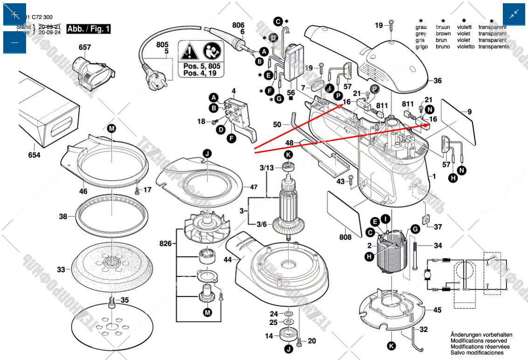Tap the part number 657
coord(85,48)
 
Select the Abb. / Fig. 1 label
coord(89,29)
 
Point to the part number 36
coord(437,81)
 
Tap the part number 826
coord(165,243)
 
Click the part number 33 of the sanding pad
coord(62,270)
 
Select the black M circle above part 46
coord(111,128)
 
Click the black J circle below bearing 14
coord(288,348)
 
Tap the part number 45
coord(437,310)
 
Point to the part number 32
coord(423,329)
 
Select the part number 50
coord(277,125)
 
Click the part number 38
coord(63,216)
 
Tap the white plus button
coord(15,14)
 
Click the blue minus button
coord(15,42)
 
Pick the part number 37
coord(438,227)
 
